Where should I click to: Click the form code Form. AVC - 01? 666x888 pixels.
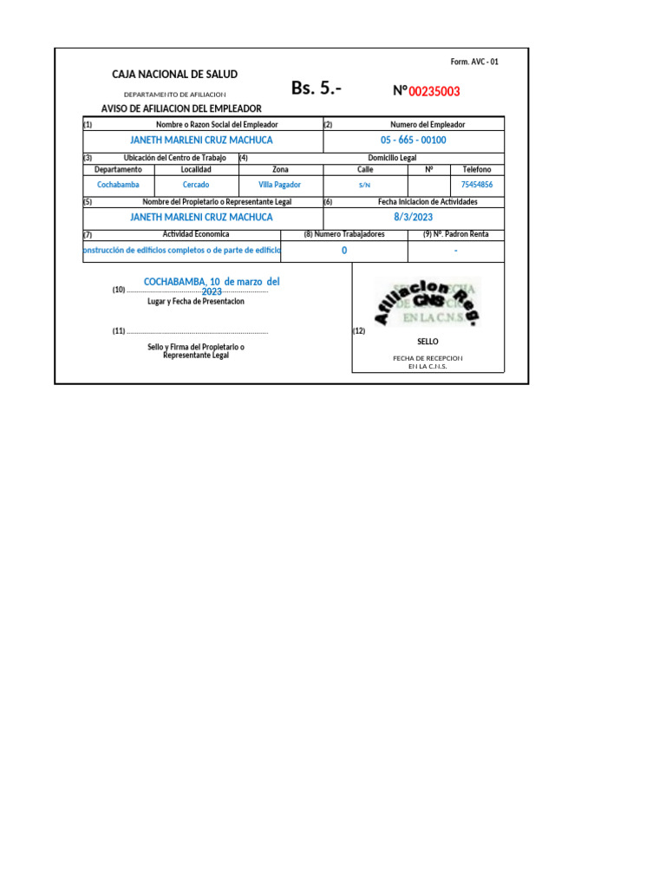[474, 62]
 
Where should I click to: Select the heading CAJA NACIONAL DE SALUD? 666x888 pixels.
[174, 75]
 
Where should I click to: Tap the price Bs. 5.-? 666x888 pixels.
[317, 88]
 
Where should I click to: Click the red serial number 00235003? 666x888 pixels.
[434, 91]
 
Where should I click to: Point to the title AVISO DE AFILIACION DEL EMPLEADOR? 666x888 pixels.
[181, 108]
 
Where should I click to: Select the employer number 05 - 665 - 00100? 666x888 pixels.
[413, 140]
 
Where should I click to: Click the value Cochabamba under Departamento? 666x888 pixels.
[118, 185]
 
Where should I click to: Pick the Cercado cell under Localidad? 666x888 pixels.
[196, 185]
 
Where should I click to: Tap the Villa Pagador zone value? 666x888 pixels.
[280, 185]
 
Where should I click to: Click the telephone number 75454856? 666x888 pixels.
[477, 185]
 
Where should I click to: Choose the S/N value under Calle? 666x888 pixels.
[365, 186]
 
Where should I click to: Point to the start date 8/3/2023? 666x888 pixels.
[413, 218]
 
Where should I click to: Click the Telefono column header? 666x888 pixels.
[477, 170]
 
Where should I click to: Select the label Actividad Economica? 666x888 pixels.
[196, 234]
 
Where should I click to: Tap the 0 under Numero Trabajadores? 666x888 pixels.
[344, 251]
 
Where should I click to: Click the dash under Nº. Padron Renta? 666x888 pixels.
[455, 251]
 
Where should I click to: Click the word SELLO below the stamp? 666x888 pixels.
[428, 343]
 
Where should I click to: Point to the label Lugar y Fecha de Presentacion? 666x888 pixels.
[196, 301]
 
